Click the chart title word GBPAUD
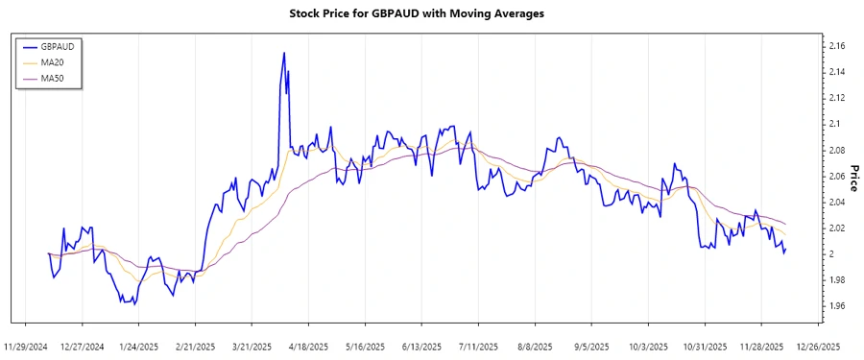(396, 14)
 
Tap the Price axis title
(853, 179)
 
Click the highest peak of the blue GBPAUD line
(284, 53)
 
